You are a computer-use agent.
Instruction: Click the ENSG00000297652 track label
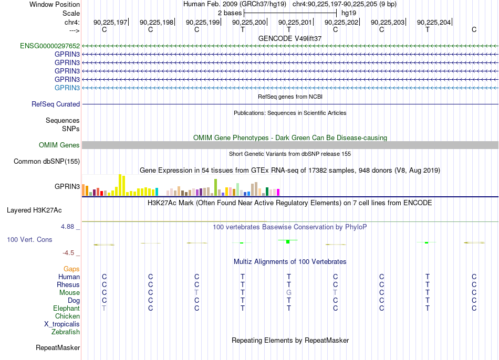coord(50,46)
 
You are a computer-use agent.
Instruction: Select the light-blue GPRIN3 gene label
coord(67,88)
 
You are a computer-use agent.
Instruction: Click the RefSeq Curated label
coord(56,104)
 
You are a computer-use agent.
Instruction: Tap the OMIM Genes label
coord(59,145)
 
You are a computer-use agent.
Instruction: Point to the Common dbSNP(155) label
coord(47,161)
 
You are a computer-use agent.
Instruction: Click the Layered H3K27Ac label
coord(34,210)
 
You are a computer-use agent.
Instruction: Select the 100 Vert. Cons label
coord(29,239)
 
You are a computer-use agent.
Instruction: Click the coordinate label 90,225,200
coord(249,22)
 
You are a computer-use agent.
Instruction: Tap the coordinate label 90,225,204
coord(434,22)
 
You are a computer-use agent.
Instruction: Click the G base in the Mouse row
coord(289,293)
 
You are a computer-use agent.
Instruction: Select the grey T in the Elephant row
coord(104,308)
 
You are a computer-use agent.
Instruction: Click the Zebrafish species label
coord(66,332)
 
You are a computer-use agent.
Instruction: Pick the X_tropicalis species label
coord(62,324)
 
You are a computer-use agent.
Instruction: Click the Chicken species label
coord(67,316)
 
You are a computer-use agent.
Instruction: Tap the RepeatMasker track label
coord(58,347)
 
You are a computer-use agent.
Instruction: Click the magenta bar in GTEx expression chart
coord(278,193)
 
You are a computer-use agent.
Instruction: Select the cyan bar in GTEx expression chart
coord(157,192)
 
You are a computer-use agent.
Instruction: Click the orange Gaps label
coord(71,269)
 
